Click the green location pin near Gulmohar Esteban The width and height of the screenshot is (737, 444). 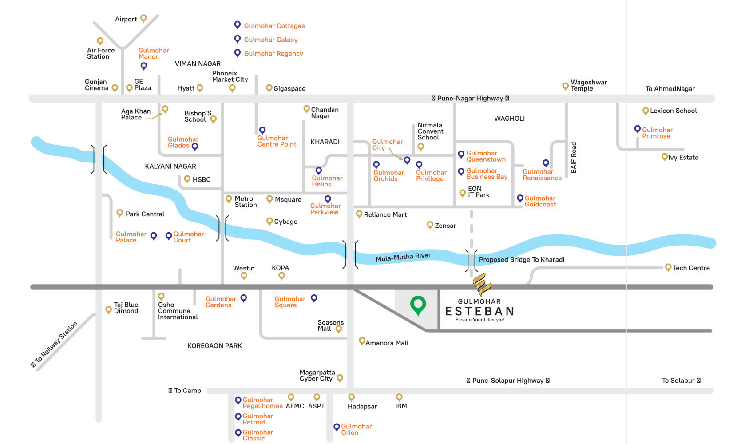point(418,305)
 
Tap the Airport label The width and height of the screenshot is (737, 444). point(126,19)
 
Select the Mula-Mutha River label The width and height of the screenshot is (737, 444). point(403,257)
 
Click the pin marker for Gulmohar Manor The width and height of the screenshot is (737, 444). point(143,66)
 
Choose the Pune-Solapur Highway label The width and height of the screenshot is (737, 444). point(507,381)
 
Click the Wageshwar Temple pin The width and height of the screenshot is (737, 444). point(565,86)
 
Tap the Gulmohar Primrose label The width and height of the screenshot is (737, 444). point(657,133)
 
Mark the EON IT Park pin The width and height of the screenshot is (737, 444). point(462,193)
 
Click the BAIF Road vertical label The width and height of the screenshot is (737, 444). point(573,158)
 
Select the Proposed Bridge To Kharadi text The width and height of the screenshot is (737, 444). point(521,260)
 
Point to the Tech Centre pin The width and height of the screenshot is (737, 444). point(668,267)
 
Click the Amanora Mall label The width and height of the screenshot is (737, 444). point(387,343)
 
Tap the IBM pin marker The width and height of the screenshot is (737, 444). point(399,396)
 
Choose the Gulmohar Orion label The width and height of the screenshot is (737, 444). point(356,429)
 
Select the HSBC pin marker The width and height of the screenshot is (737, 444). point(187,179)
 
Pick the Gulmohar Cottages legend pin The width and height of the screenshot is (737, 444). point(238,25)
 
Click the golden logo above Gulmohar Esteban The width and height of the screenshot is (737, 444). point(480,284)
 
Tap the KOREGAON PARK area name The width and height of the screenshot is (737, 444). point(214,346)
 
